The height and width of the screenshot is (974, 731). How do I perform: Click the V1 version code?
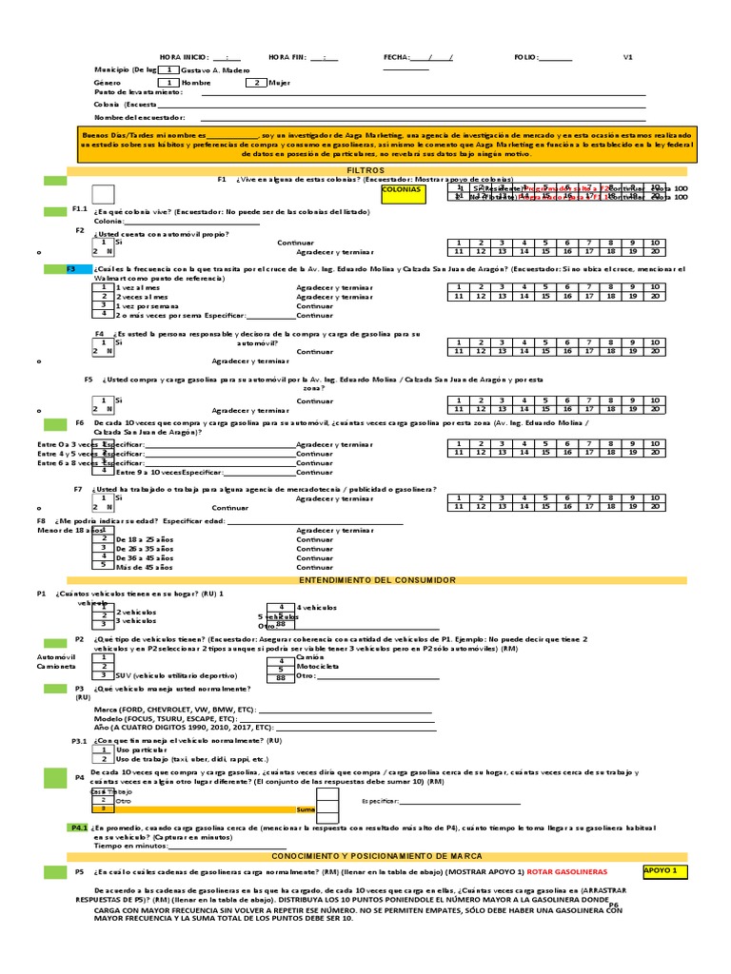(x=628, y=57)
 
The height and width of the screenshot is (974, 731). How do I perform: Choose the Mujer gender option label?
(x=280, y=83)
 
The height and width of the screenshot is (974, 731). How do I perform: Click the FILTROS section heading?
(x=365, y=168)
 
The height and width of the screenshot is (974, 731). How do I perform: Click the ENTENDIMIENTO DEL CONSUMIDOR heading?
(x=365, y=579)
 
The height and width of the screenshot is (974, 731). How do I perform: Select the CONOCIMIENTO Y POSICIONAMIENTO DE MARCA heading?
(x=365, y=855)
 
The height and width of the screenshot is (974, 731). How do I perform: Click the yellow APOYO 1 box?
(x=663, y=870)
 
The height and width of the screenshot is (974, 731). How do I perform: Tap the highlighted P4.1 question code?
(x=78, y=828)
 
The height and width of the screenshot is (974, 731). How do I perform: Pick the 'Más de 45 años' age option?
(x=144, y=567)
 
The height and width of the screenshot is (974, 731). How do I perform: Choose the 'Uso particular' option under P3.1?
(x=141, y=750)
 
